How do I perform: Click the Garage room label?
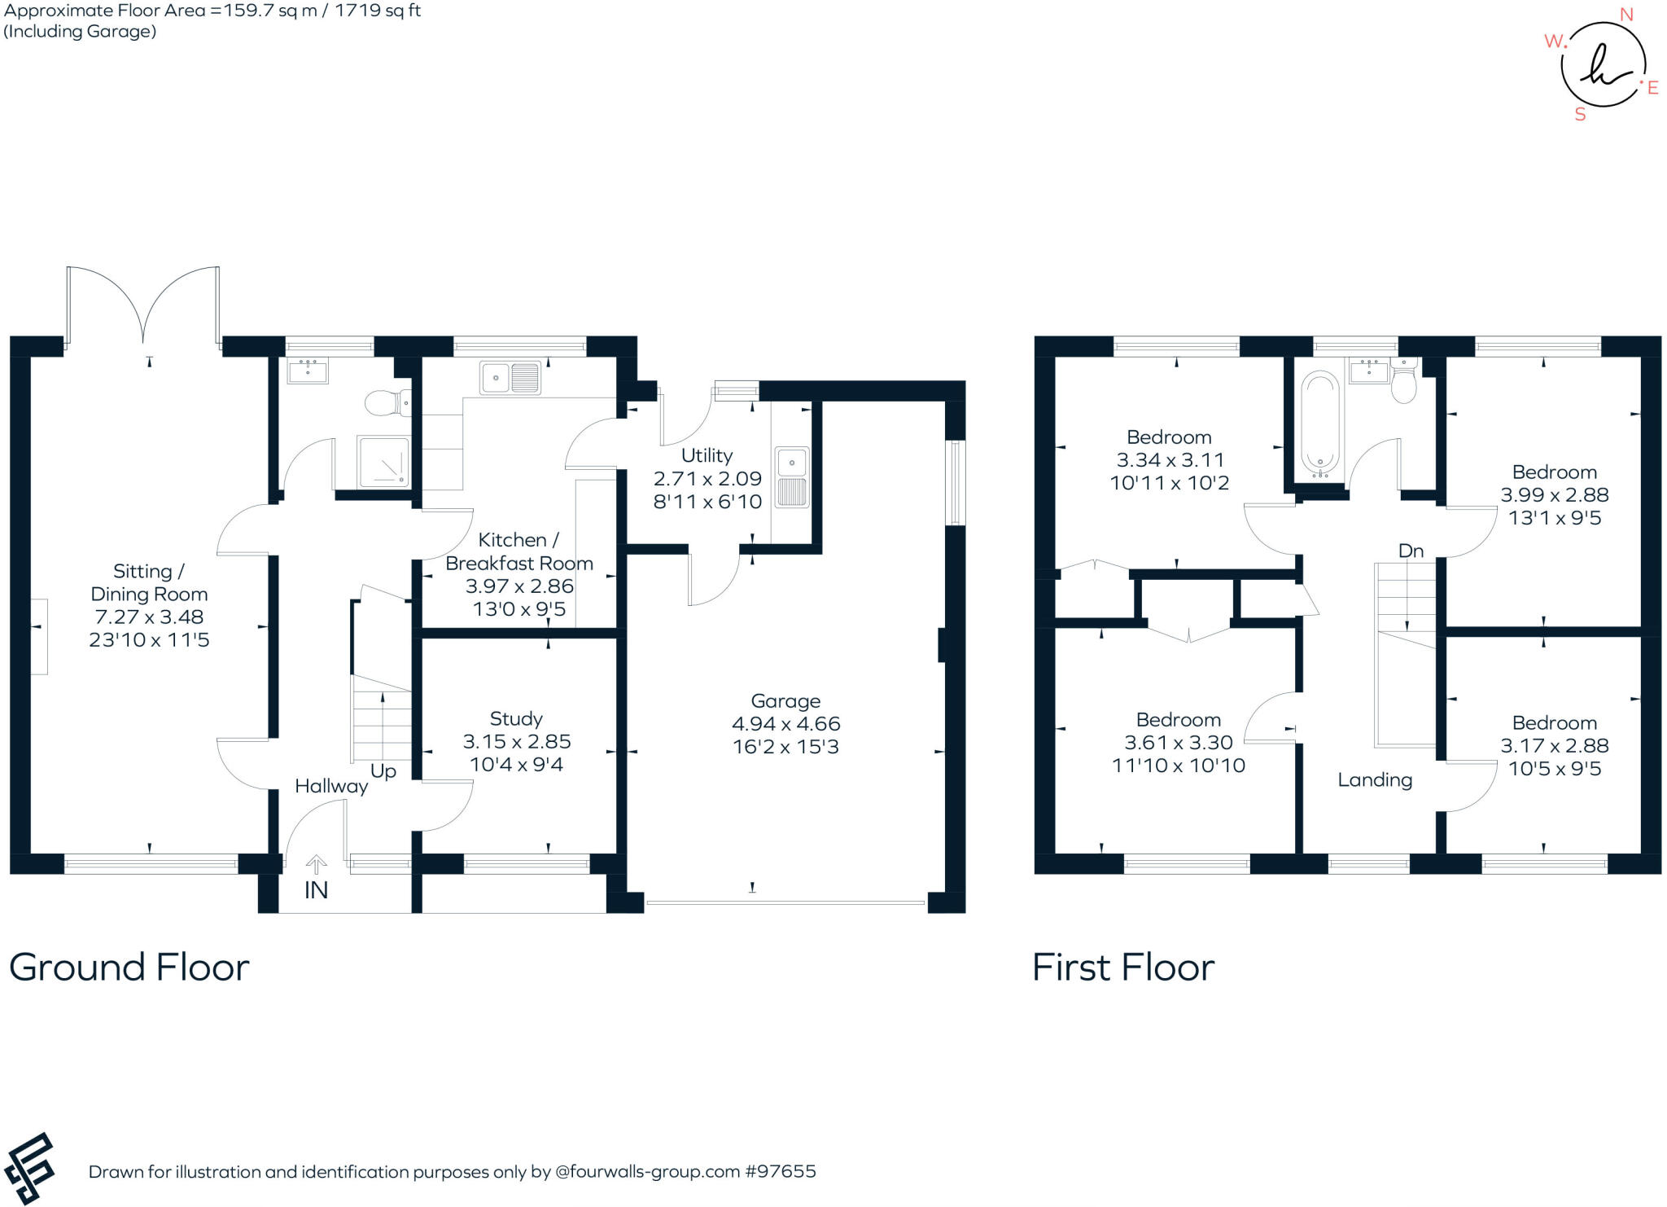pos(785,700)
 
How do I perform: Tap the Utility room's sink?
pos(792,478)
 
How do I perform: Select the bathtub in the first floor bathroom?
pos(1319,424)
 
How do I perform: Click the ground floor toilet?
pos(387,402)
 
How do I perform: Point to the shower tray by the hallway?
pos(383,462)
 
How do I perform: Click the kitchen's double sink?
pos(510,378)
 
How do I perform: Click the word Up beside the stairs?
pos(383,770)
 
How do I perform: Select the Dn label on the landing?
pos(1411,551)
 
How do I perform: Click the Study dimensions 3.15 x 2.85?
pos(516,741)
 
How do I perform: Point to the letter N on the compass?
pos(1626,15)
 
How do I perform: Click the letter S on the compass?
pos(1580,115)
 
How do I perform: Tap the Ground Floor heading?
pos(129,968)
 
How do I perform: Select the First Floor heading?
pos(1123,968)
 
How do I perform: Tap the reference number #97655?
pos(780,1171)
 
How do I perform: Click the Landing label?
pos(1375,780)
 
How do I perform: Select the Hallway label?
pos(331,786)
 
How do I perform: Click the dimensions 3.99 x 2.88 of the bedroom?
pos(1554,494)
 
